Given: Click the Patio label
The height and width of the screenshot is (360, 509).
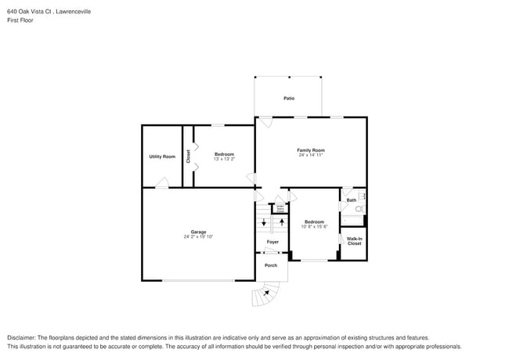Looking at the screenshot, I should [x=288, y=99].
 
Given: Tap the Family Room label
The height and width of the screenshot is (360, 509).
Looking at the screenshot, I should [x=311, y=149].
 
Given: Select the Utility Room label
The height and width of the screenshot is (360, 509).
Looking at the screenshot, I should [x=162, y=157].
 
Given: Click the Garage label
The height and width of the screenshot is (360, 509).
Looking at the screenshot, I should [x=198, y=232].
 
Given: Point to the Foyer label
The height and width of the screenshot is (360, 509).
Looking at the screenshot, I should [x=273, y=242].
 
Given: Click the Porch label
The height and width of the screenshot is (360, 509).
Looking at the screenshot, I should [x=271, y=265].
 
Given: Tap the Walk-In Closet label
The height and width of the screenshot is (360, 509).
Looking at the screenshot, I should [x=354, y=241].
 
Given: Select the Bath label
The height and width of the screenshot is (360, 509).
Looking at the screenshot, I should [x=352, y=200].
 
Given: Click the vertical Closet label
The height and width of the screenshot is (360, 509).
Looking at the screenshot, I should [x=188, y=156].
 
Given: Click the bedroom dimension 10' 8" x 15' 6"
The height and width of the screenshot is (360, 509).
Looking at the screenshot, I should [x=315, y=226].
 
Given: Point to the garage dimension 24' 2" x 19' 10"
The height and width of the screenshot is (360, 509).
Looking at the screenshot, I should [x=198, y=236].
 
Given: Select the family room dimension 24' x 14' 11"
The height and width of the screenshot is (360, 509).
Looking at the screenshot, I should [x=311, y=155].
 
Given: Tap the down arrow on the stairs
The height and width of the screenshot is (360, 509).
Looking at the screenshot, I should [x=264, y=223].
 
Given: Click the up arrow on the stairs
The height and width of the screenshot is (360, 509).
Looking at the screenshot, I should [x=281, y=222].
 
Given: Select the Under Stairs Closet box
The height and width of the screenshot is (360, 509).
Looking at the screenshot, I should [x=279, y=209].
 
